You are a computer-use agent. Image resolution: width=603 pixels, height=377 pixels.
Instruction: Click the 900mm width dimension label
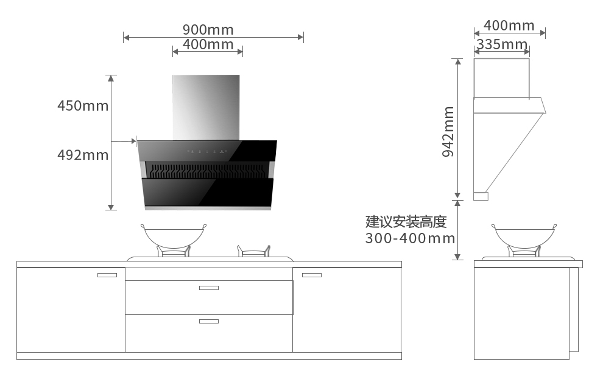208,29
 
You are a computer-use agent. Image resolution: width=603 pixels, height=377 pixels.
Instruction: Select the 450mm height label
83,106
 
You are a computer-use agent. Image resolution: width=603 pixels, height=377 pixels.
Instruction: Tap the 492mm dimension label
83,155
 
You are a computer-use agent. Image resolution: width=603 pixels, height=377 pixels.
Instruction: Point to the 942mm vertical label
448,132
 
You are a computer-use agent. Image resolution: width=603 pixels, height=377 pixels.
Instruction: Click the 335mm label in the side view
502,44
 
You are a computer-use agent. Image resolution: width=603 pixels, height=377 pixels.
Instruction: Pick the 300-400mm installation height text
410,238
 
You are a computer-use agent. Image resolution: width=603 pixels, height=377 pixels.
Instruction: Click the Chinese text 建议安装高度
406,221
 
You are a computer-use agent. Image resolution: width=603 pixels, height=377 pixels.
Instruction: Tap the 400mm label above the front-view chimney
208,44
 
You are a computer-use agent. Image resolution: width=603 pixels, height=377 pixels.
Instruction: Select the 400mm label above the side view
509,26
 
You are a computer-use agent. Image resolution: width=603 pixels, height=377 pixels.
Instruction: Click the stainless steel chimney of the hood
206,108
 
